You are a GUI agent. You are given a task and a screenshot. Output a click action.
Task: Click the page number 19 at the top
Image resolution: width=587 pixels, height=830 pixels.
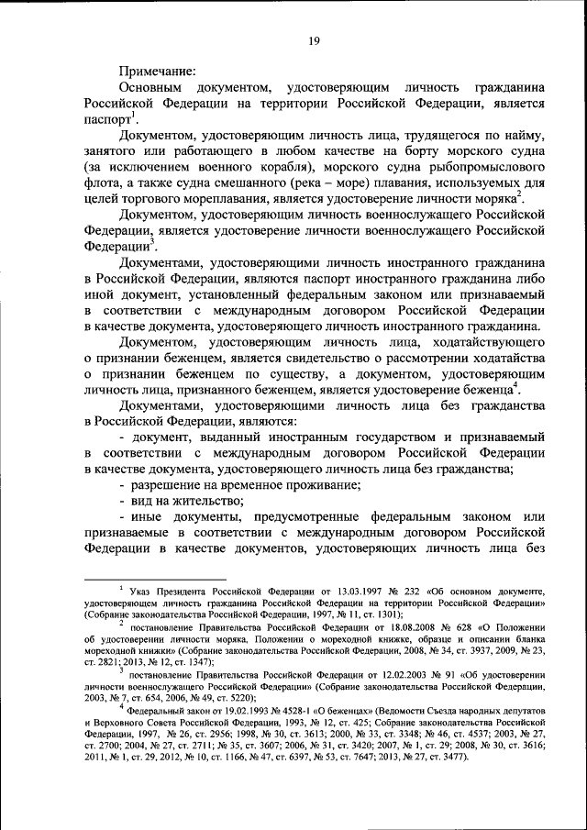312,39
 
